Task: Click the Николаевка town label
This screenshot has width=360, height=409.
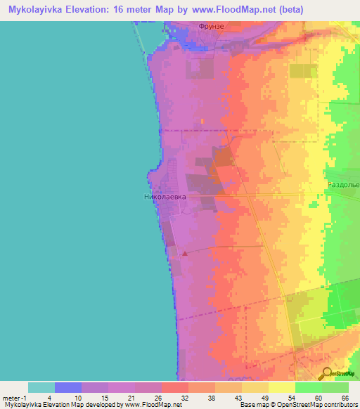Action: (165, 197)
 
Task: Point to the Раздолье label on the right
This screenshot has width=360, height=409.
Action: (343, 184)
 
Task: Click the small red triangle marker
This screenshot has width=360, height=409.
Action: (185, 253)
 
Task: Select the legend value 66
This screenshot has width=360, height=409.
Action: (345, 397)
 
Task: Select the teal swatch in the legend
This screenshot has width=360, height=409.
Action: (41, 387)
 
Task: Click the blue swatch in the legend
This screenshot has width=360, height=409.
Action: (68, 387)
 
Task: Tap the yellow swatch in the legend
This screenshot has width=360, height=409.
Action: (281, 387)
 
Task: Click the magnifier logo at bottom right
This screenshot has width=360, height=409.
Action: (327, 373)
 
